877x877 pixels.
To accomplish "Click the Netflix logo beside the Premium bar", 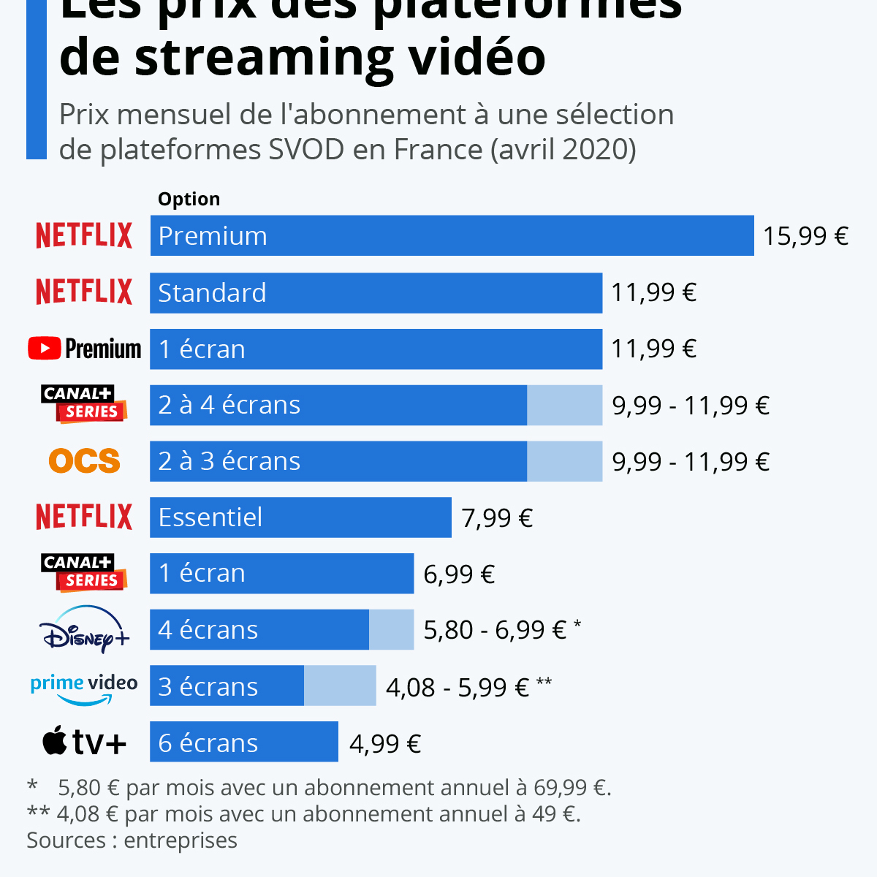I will [x=84, y=235].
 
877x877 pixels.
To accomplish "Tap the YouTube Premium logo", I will [x=84, y=349].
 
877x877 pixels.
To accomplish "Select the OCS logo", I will [x=84, y=460].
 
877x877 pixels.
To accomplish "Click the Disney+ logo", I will [x=84, y=629].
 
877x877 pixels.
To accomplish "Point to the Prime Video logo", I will [x=84, y=687].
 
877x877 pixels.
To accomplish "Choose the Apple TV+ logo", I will [x=84, y=742].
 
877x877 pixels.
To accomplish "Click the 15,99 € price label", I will [x=805, y=236].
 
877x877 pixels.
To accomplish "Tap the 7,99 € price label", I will [x=497, y=518].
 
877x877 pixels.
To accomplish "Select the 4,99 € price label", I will [x=385, y=744].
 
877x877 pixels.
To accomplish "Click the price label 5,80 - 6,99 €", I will [x=495, y=630].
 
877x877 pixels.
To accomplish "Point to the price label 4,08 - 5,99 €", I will [x=458, y=688].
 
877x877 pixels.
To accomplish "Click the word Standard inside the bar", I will [x=212, y=293].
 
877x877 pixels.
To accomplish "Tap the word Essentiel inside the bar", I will [x=210, y=517].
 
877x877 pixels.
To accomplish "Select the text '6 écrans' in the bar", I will [x=208, y=743].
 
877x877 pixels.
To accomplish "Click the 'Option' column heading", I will [x=189, y=200].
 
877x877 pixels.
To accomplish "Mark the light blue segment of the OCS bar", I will [x=564, y=461].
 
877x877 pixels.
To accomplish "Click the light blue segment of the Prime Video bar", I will [x=340, y=686].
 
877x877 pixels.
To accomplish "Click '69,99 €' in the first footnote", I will [x=572, y=788].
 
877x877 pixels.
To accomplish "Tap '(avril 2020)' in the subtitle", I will [x=563, y=150].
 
